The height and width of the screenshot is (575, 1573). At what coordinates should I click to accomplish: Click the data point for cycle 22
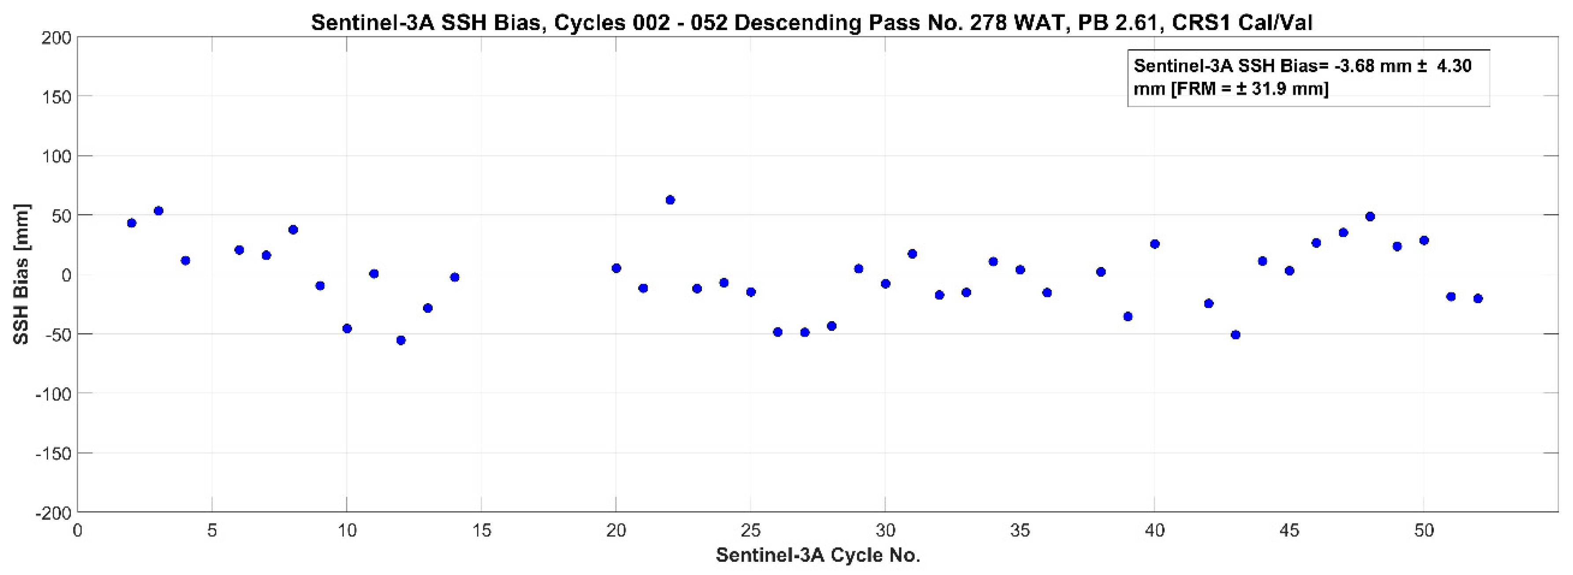pos(670,200)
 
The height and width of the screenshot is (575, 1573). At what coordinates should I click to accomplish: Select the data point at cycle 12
pos(401,340)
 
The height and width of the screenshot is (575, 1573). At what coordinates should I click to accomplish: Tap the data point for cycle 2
pos(131,223)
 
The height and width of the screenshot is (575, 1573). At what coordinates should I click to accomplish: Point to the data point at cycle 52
pos(1478,298)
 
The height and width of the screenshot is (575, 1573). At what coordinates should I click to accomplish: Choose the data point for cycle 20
pos(616,268)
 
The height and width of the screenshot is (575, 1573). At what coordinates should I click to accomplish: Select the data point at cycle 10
pos(347,328)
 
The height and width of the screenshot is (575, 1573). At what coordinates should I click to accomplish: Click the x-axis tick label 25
pos(750,530)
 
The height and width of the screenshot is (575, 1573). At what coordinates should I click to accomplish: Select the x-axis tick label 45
pos(1289,530)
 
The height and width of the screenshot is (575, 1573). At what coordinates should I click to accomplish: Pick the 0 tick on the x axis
pos(78,530)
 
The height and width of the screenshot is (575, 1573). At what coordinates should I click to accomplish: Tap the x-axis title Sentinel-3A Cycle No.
pos(818,556)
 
